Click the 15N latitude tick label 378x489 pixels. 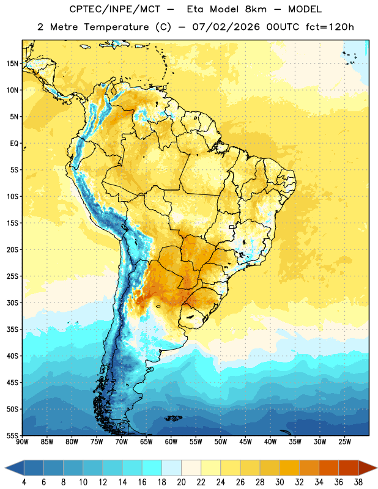pos(12,64)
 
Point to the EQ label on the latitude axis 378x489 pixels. pos(14,144)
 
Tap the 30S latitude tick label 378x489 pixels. pos(12,303)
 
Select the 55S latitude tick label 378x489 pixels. pos(12,436)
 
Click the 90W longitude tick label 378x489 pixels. pos(23,442)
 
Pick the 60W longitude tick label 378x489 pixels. pos(171,442)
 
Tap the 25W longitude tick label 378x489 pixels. pos(344,442)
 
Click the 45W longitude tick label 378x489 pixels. pos(245,442)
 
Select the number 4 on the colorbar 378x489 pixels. pos(24,482)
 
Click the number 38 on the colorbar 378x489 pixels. pos(358,482)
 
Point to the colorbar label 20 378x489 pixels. pos(181,482)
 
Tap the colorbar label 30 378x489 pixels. pos(280,482)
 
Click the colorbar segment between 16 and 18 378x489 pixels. pos(152,468)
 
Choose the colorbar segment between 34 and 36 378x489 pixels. pos(328,468)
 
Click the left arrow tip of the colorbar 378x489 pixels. pos(5,468)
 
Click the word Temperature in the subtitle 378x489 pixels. pos(116,27)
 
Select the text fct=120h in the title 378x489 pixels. pos(330,27)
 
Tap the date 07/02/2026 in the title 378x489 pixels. pos(226,27)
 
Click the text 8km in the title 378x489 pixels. pos(256,9)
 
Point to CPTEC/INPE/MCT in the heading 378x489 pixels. pos(115,9)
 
